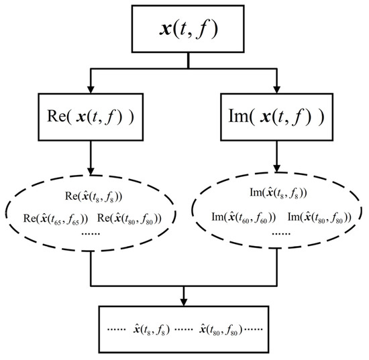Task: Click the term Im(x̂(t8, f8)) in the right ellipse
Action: (x=277, y=194)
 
